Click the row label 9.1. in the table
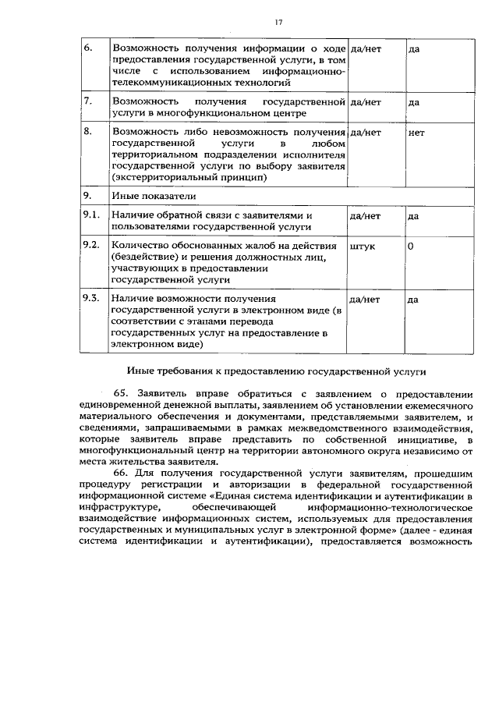(92, 215)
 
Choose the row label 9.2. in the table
(92, 246)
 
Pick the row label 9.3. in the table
(92, 299)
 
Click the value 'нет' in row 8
(416, 133)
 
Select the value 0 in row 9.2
(411, 246)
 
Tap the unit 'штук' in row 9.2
(363, 246)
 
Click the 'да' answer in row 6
(414, 48)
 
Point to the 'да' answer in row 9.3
(413, 299)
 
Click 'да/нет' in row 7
(366, 101)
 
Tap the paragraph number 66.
(124, 473)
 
